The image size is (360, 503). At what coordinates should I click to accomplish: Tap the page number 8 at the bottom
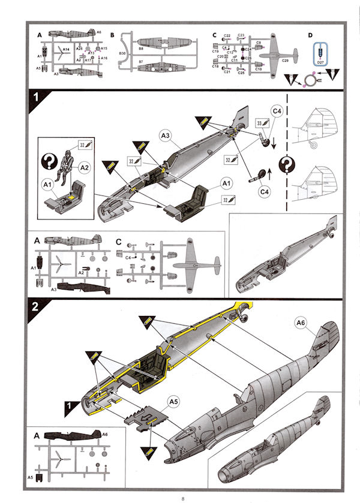click(181, 497)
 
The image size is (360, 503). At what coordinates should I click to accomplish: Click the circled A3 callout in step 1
click(167, 137)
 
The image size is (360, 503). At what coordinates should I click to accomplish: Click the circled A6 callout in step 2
click(301, 324)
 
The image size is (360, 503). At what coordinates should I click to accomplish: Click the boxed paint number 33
click(260, 124)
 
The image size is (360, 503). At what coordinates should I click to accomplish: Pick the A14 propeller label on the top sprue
click(66, 48)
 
